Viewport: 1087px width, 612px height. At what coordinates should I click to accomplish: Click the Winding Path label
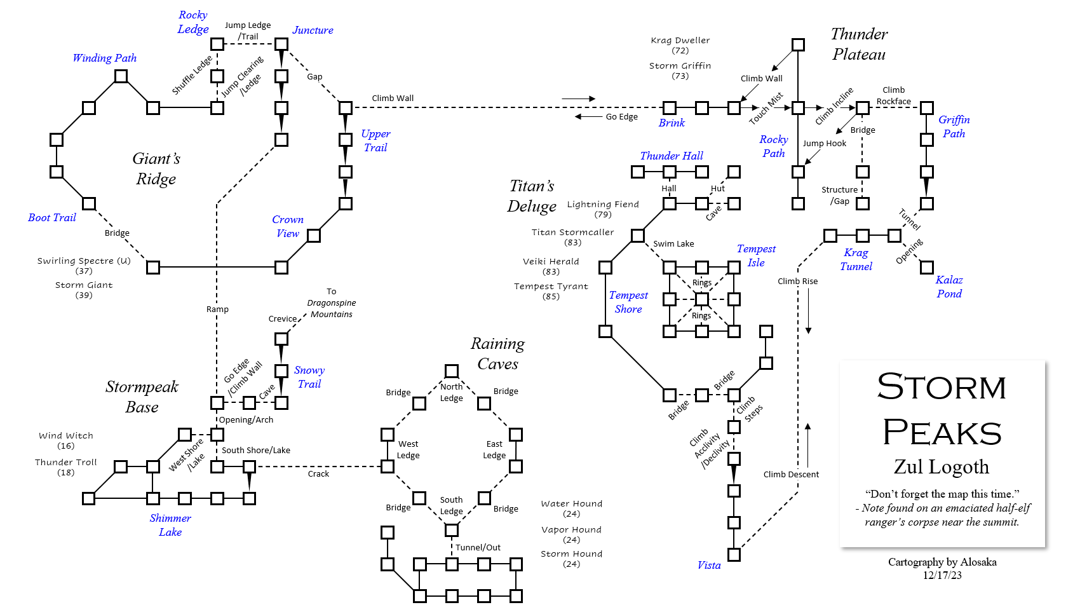click(104, 58)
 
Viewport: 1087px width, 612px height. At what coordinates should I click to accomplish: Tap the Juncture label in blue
click(313, 30)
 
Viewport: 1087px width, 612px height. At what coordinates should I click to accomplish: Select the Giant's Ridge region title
click(156, 168)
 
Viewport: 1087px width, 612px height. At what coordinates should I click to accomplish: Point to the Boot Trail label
click(52, 217)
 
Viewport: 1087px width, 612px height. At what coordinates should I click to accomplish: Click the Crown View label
click(288, 226)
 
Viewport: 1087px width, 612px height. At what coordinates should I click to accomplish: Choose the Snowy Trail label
click(309, 377)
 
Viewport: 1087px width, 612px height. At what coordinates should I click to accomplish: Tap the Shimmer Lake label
click(170, 525)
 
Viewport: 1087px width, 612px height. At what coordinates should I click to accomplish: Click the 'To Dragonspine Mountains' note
click(331, 303)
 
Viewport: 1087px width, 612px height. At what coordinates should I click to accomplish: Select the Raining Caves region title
click(497, 353)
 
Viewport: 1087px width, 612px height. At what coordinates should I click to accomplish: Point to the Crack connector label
click(318, 474)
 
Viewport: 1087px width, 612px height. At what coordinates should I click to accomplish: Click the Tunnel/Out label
click(478, 547)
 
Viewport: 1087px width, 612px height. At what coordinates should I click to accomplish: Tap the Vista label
click(709, 565)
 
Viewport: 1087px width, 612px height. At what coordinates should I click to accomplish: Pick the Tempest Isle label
click(756, 255)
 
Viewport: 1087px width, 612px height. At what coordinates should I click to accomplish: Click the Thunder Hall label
click(672, 156)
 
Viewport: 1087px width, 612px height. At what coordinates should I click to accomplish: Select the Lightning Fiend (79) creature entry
click(603, 209)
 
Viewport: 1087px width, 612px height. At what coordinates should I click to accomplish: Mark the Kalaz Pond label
click(949, 287)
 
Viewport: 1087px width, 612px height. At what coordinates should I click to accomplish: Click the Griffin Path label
click(954, 126)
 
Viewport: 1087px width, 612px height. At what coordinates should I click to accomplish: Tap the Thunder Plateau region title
click(859, 44)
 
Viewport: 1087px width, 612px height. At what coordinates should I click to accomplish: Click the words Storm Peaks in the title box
click(942, 410)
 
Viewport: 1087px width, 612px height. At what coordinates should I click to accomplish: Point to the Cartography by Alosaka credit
click(942, 562)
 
